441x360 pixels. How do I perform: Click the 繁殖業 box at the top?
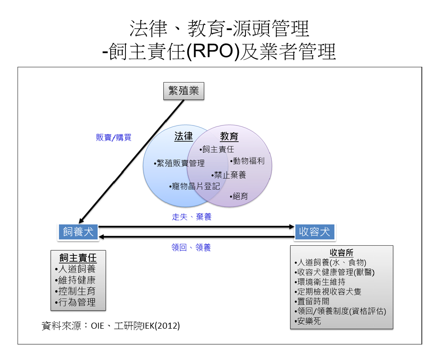click(x=184, y=91)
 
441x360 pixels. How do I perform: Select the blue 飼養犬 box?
click(x=78, y=232)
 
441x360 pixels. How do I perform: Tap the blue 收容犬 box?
click(x=315, y=232)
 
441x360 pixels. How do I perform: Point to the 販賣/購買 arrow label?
click(x=113, y=137)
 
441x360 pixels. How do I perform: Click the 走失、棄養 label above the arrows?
click(x=191, y=217)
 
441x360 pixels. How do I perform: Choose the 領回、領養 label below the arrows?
click(x=191, y=248)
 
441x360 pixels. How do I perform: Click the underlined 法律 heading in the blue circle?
click(x=184, y=136)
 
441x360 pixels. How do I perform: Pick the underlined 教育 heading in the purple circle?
click(x=229, y=136)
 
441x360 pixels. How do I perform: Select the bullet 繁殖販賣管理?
click(x=179, y=163)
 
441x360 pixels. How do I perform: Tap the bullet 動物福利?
click(x=247, y=161)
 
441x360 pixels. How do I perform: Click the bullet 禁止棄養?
click(x=229, y=175)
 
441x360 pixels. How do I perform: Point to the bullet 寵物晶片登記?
click(x=194, y=186)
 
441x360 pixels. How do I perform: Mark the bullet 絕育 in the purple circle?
click(x=239, y=196)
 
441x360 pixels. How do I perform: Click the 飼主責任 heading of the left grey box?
click(x=78, y=257)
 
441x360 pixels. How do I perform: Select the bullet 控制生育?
click(x=75, y=291)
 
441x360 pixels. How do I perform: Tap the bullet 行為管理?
click(x=75, y=302)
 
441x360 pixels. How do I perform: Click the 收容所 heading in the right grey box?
click(x=341, y=252)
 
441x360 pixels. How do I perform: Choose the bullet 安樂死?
click(x=307, y=321)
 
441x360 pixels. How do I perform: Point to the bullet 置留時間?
click(x=312, y=301)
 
